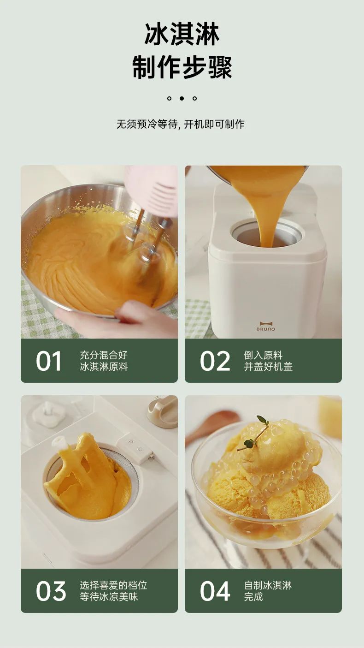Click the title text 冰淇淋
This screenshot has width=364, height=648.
(x=182, y=34)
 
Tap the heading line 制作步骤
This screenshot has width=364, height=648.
(x=182, y=67)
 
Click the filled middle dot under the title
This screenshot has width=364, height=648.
(x=182, y=98)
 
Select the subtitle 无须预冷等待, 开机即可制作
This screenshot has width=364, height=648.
(x=181, y=124)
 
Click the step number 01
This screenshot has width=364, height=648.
(x=48, y=361)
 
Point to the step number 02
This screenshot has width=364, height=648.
(x=215, y=361)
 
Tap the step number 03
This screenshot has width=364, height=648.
(x=51, y=591)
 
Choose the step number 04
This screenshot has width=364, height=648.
(x=215, y=591)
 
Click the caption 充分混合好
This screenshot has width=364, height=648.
(x=104, y=355)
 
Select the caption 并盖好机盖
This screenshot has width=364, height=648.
(x=268, y=367)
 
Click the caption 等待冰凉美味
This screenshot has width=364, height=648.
(x=109, y=597)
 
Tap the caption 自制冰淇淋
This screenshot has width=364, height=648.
(x=268, y=585)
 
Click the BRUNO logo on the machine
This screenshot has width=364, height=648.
(x=266, y=326)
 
